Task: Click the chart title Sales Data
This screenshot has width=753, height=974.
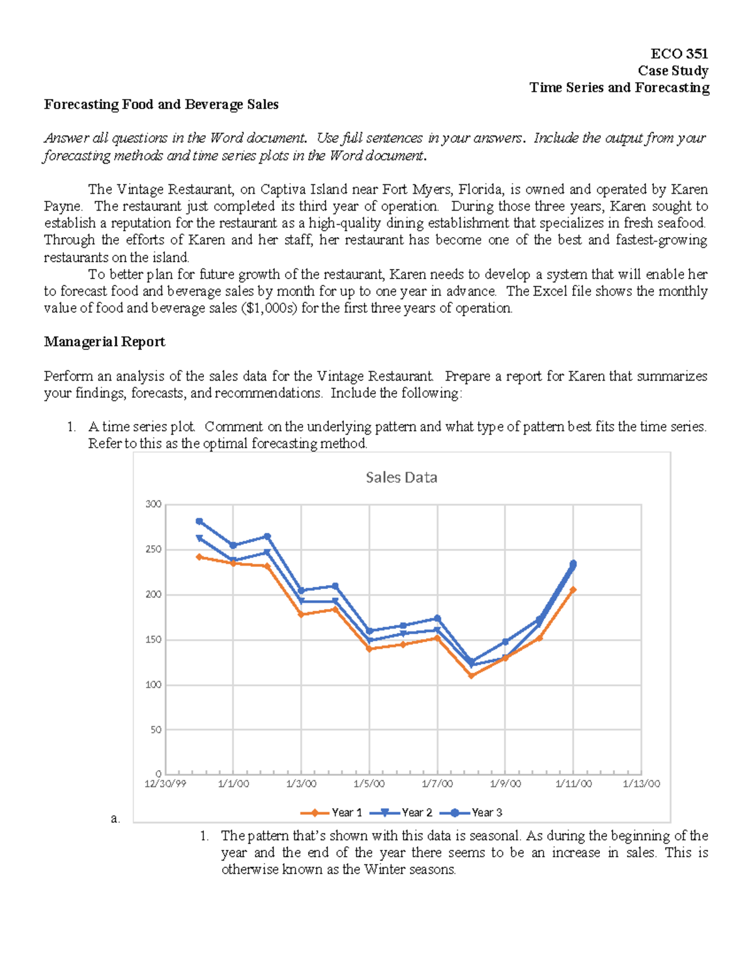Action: [401, 477]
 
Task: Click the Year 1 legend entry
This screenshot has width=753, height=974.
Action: [346, 813]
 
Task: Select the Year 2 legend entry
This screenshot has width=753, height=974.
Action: [417, 813]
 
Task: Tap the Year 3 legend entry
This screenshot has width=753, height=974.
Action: [487, 813]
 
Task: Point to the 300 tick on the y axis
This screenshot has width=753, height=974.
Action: [153, 504]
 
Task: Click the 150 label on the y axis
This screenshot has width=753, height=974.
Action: [153, 640]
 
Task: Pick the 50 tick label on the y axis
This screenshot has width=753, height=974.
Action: [155, 730]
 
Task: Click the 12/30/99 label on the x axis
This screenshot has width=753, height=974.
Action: [165, 784]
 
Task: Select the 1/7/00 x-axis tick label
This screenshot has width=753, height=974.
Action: [437, 784]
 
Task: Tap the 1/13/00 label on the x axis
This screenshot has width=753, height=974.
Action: [641, 784]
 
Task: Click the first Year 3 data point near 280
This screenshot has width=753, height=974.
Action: [200, 521]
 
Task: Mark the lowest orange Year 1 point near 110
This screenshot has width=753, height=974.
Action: [471, 675]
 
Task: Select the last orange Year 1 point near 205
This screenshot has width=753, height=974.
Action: [573, 590]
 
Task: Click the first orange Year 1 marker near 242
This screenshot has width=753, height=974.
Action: [200, 557]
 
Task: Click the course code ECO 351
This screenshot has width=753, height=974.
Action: [679, 54]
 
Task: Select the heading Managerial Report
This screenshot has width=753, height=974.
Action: [105, 342]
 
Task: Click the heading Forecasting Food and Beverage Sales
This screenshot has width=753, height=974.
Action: [161, 105]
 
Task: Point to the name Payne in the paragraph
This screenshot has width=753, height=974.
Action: [62, 206]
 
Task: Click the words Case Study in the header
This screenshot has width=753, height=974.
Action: [673, 71]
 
